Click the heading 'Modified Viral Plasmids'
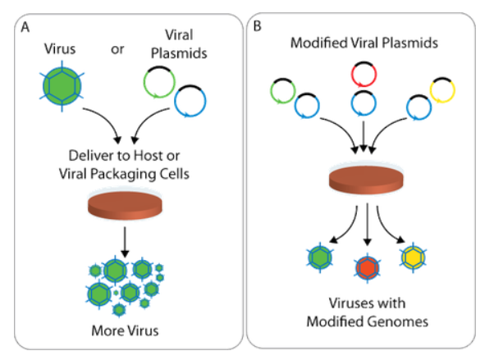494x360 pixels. point(362,40)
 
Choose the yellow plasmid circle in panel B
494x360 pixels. point(441,89)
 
